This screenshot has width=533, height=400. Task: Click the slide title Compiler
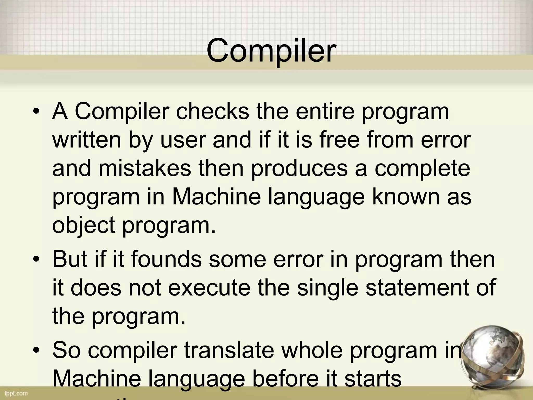271,51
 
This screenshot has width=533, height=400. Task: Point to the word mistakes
145,168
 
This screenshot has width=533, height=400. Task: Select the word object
84,226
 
